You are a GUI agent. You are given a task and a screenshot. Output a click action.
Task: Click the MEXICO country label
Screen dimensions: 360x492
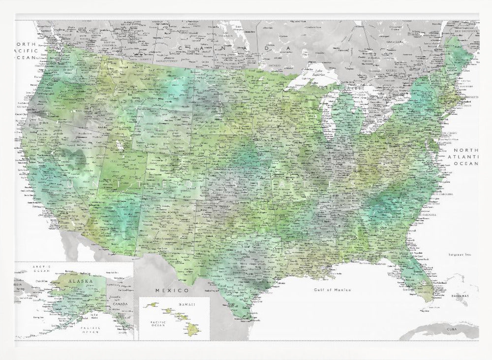(x=169, y=291)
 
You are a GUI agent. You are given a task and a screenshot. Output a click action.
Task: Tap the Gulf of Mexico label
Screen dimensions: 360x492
(x=333, y=290)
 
